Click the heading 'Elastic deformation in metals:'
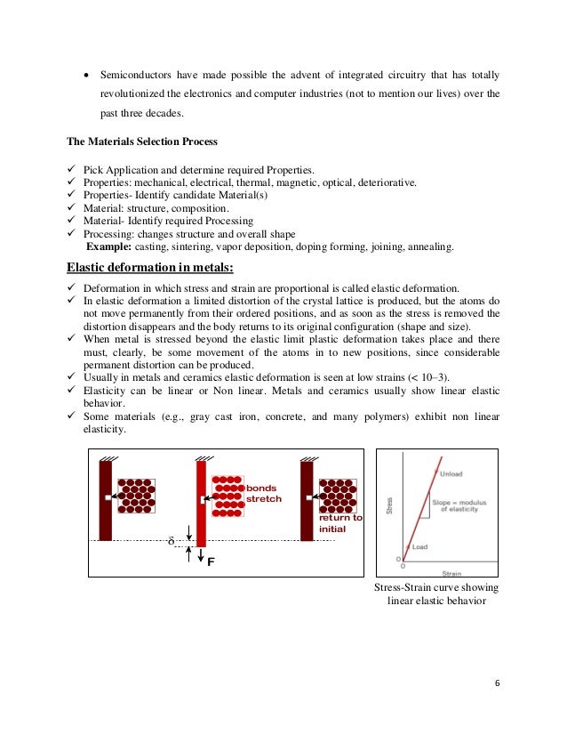(x=150, y=267)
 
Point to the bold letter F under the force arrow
(x=211, y=562)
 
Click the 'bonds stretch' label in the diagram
(x=263, y=494)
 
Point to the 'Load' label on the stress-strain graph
(x=419, y=547)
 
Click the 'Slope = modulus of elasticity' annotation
(x=461, y=505)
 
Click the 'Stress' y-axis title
(x=388, y=507)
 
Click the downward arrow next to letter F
(x=189, y=555)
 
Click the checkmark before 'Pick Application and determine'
(x=72, y=170)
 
